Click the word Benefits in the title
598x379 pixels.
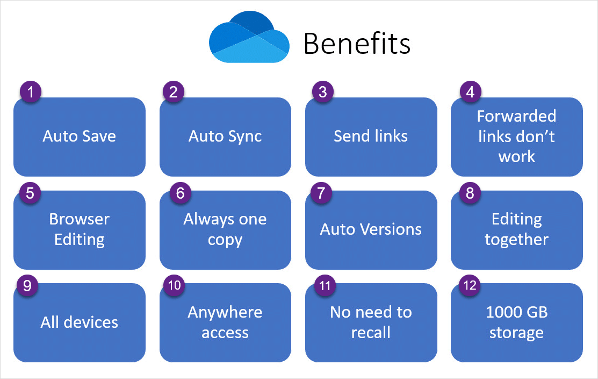tap(357, 44)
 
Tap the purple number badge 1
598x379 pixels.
tap(31, 92)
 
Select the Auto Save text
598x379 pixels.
tap(79, 136)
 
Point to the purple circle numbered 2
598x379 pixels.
tap(173, 92)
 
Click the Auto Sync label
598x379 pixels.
tap(225, 136)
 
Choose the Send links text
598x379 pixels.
tap(371, 136)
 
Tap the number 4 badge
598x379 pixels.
tap(470, 92)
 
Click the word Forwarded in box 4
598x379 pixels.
tap(516, 116)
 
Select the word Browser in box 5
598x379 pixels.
tap(79, 219)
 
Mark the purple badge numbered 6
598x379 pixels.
tap(181, 193)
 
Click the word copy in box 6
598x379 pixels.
tap(225, 240)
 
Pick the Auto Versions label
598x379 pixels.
tap(371, 229)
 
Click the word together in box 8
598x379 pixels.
tap(516, 240)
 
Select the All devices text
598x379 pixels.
tap(79, 322)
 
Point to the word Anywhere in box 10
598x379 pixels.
tap(225, 312)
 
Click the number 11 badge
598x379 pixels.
tap(325, 285)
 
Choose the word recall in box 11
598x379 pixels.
tap(371, 333)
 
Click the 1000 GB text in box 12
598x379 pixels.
tap(516, 312)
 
